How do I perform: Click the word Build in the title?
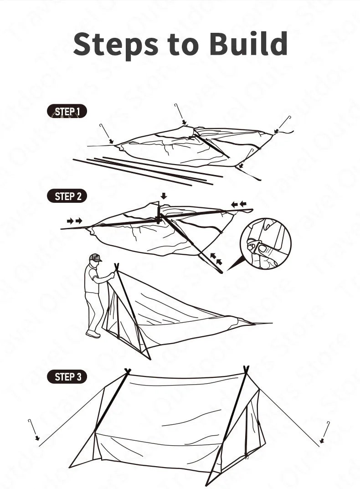tap(248, 44)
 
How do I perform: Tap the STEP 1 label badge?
tap(67, 111)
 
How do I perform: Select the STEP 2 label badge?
tap(67, 196)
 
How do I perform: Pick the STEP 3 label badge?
tap(67, 377)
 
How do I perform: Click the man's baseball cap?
tap(95, 257)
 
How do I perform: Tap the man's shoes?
tap(93, 334)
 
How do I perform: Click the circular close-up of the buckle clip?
tap(266, 243)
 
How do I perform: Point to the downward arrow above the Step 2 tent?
tap(164, 196)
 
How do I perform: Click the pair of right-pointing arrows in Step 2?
tap(74, 221)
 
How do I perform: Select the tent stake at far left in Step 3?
tap(32, 428)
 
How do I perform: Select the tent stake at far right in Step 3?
tap(325, 431)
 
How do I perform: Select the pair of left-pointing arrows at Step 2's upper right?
tap(238, 204)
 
